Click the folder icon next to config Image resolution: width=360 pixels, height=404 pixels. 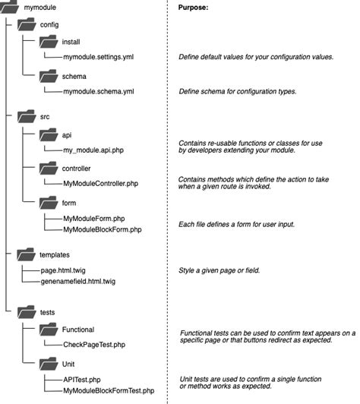tap(27, 24)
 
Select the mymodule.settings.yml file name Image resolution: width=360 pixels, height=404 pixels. tap(99, 57)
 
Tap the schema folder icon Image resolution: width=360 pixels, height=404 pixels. tap(49, 76)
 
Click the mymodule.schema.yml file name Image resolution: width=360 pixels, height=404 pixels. tap(99, 91)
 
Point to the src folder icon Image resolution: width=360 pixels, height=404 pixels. tap(27, 116)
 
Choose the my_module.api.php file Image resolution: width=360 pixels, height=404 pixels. tap(93, 150)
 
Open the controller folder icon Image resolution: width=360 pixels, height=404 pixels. tap(49, 169)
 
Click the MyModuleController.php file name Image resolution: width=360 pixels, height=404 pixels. tap(101, 184)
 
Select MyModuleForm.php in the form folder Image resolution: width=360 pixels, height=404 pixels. tap(94, 219)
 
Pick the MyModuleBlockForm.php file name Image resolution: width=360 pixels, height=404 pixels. tap(103, 229)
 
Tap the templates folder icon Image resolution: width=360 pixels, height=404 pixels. tap(26, 254)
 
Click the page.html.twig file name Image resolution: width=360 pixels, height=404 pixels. tap(63, 270)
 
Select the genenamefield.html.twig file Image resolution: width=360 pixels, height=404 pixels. tap(78, 281)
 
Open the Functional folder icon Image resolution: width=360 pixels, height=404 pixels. tap(49, 330)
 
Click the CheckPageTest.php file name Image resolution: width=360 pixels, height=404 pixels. tap(94, 345)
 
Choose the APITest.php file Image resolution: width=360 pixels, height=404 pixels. tap(82, 380)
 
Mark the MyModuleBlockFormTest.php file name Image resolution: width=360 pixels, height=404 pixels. tap(109, 391)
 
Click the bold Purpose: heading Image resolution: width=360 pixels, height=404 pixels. tap(193, 8)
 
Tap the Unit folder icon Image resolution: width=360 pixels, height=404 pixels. tap(49, 364)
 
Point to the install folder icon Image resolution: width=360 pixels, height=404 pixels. tap(49, 42)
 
